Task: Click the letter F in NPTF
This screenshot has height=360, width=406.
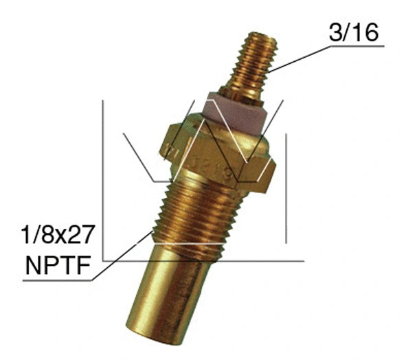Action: pyautogui.click(x=84, y=265)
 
